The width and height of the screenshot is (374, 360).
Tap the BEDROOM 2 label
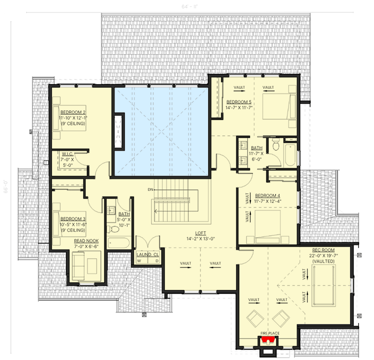point(73,112)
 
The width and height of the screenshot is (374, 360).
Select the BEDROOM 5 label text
point(239,102)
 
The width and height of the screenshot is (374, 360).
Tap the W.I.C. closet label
point(68,153)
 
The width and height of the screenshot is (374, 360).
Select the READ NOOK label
point(86,241)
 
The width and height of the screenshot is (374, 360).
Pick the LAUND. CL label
point(148,255)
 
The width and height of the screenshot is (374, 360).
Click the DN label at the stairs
point(150,189)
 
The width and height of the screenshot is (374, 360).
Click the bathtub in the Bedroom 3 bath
point(118,243)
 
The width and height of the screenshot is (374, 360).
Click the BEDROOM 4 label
point(267,195)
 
